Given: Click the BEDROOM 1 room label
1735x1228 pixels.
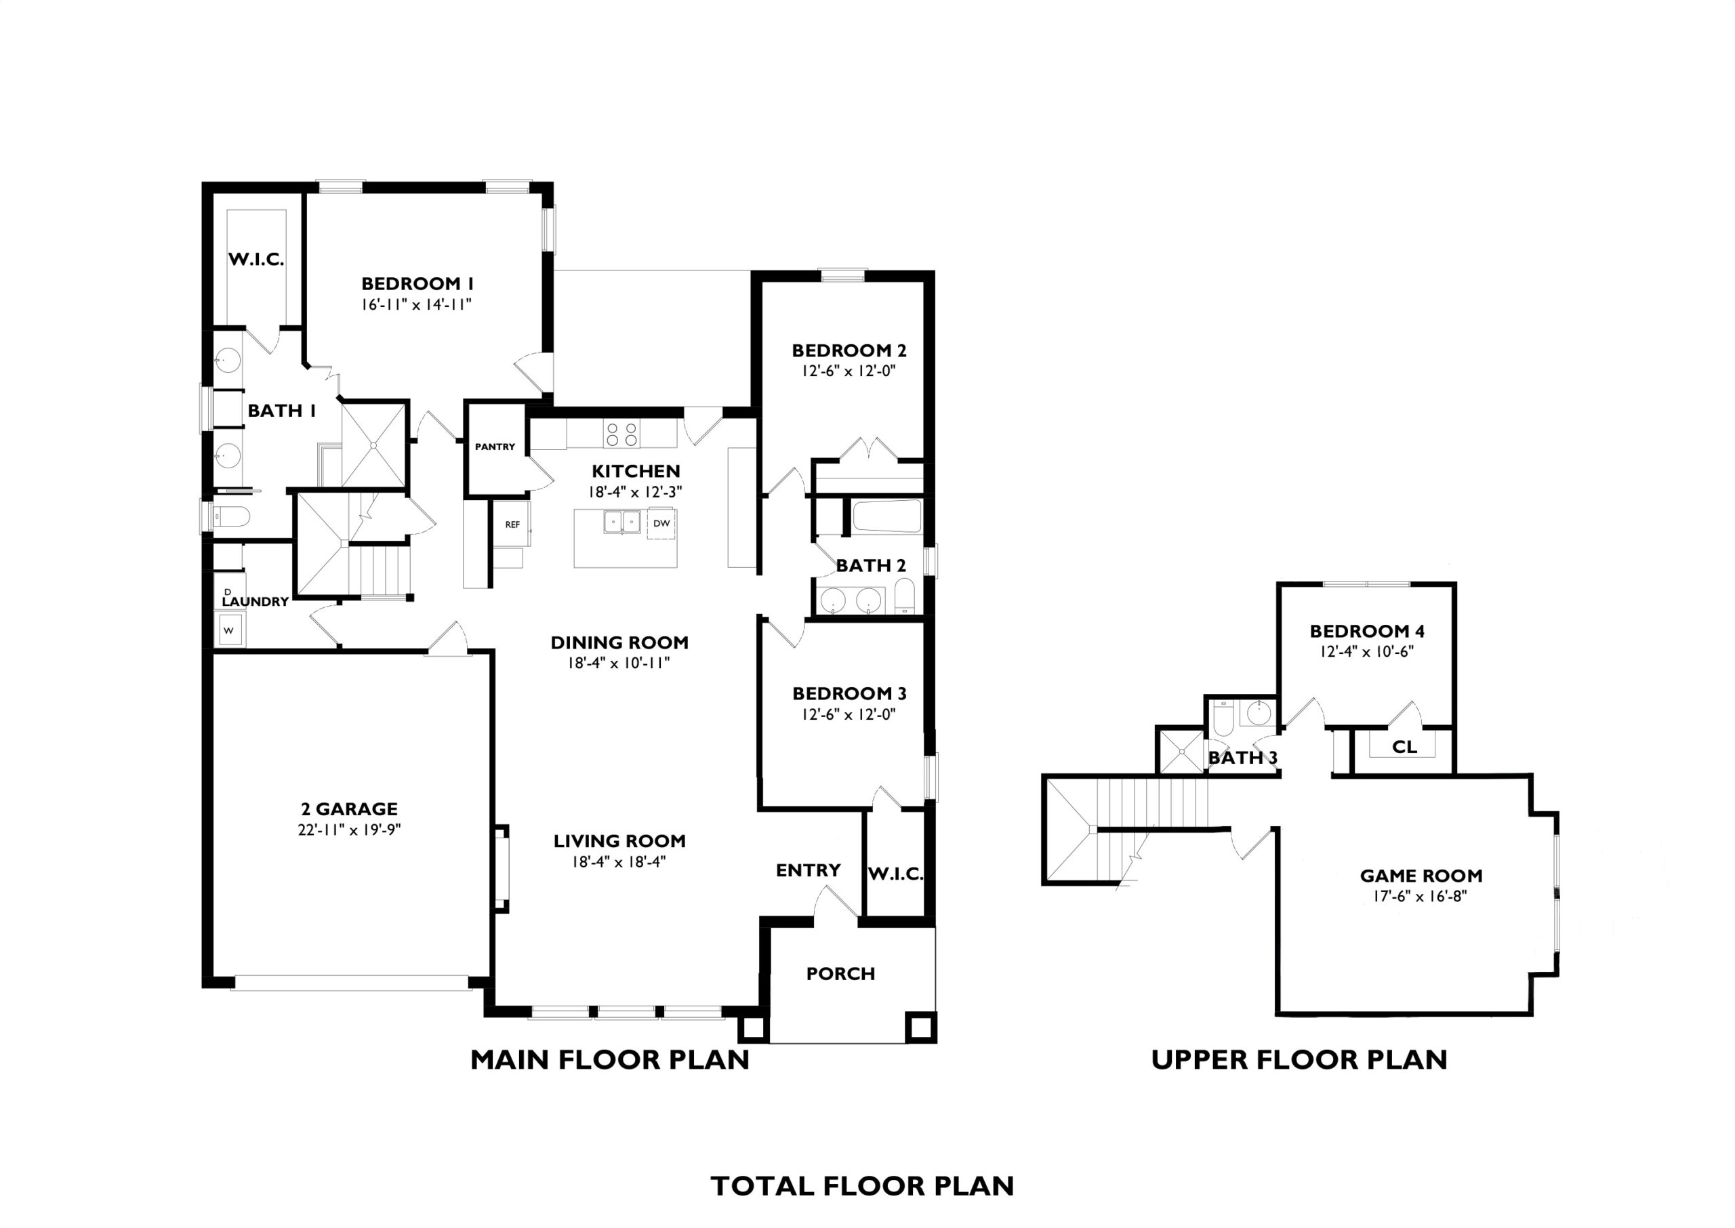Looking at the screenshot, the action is pyautogui.click(x=417, y=283).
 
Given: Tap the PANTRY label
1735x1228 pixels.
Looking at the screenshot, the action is pyautogui.click(x=495, y=447).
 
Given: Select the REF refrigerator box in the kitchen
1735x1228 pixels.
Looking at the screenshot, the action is pyautogui.click(x=512, y=524).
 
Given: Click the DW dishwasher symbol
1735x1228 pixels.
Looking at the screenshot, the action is pyautogui.click(x=661, y=523).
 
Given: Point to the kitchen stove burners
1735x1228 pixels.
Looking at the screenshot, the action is pyautogui.click(x=621, y=434).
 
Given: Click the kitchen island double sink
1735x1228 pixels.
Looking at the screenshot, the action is pyautogui.click(x=622, y=522).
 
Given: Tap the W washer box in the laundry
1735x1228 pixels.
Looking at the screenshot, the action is pyautogui.click(x=229, y=630).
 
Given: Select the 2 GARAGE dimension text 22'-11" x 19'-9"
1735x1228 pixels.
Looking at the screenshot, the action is pyautogui.click(x=349, y=830).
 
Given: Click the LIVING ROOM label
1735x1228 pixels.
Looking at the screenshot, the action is pyautogui.click(x=620, y=841).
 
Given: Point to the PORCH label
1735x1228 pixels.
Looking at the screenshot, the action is pyautogui.click(x=840, y=974).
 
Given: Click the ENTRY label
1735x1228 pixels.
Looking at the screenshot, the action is pyautogui.click(x=808, y=870).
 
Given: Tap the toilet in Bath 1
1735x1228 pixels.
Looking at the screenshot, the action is pyautogui.click(x=231, y=517).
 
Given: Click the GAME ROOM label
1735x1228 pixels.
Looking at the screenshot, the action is pyautogui.click(x=1421, y=876).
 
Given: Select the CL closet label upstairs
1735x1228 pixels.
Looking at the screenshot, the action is pyautogui.click(x=1405, y=747).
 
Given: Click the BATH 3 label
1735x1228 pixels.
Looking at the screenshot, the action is pyautogui.click(x=1243, y=758).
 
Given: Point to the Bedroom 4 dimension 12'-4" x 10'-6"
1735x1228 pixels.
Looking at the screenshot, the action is pyautogui.click(x=1367, y=651).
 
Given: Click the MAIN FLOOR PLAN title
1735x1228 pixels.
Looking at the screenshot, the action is pyautogui.click(x=610, y=1059).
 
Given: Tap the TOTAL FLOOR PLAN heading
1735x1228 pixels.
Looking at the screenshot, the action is pyautogui.click(x=863, y=1186).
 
